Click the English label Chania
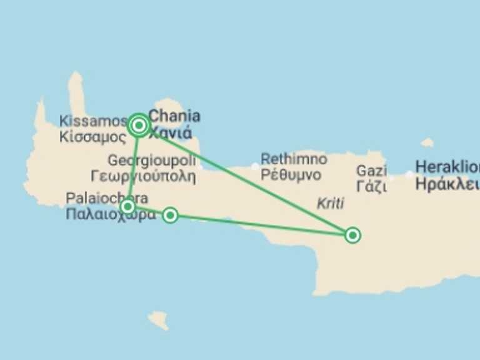pos(175,116)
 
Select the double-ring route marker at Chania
pos(139,126)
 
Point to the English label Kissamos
pos(94,121)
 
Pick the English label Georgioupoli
pos(151,161)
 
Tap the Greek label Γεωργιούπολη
pos(143,176)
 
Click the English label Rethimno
pos(294,159)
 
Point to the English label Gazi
pos(371,170)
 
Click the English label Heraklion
pos(447,167)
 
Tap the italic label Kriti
pos(331,204)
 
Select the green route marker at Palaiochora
pos(127,206)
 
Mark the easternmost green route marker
pos(352,235)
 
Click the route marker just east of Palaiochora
pos(170,216)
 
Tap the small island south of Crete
pos(159,319)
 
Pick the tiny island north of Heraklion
pos(427,142)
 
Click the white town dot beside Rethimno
pos(254,166)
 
